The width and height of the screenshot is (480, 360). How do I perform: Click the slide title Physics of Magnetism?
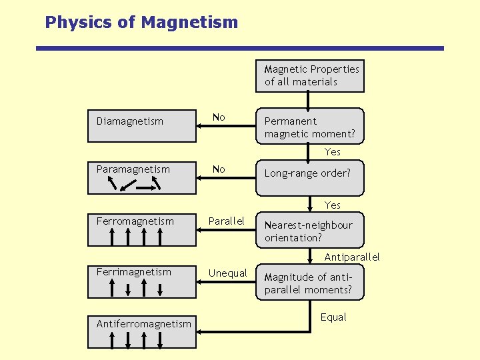tap(141, 22)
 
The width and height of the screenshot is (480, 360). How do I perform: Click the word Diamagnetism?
tap(129, 121)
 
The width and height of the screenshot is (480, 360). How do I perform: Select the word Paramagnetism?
tap(133, 169)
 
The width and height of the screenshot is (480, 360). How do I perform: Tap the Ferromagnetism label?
tap(135, 221)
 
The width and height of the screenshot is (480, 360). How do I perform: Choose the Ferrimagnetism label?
tap(133, 272)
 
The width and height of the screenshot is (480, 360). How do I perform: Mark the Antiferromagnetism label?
tap(143, 324)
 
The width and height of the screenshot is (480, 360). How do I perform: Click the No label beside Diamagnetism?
tap(219, 117)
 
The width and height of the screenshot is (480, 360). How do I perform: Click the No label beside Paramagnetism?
tap(219, 169)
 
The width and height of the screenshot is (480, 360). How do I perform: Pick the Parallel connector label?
tap(227, 221)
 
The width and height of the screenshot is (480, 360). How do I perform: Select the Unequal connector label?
tap(228, 273)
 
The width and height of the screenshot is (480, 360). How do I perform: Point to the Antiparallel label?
tap(352, 257)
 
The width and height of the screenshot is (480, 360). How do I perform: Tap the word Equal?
tap(333, 317)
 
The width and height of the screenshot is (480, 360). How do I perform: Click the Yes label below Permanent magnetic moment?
tap(333, 152)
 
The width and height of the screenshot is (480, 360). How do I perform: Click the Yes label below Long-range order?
tap(333, 205)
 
